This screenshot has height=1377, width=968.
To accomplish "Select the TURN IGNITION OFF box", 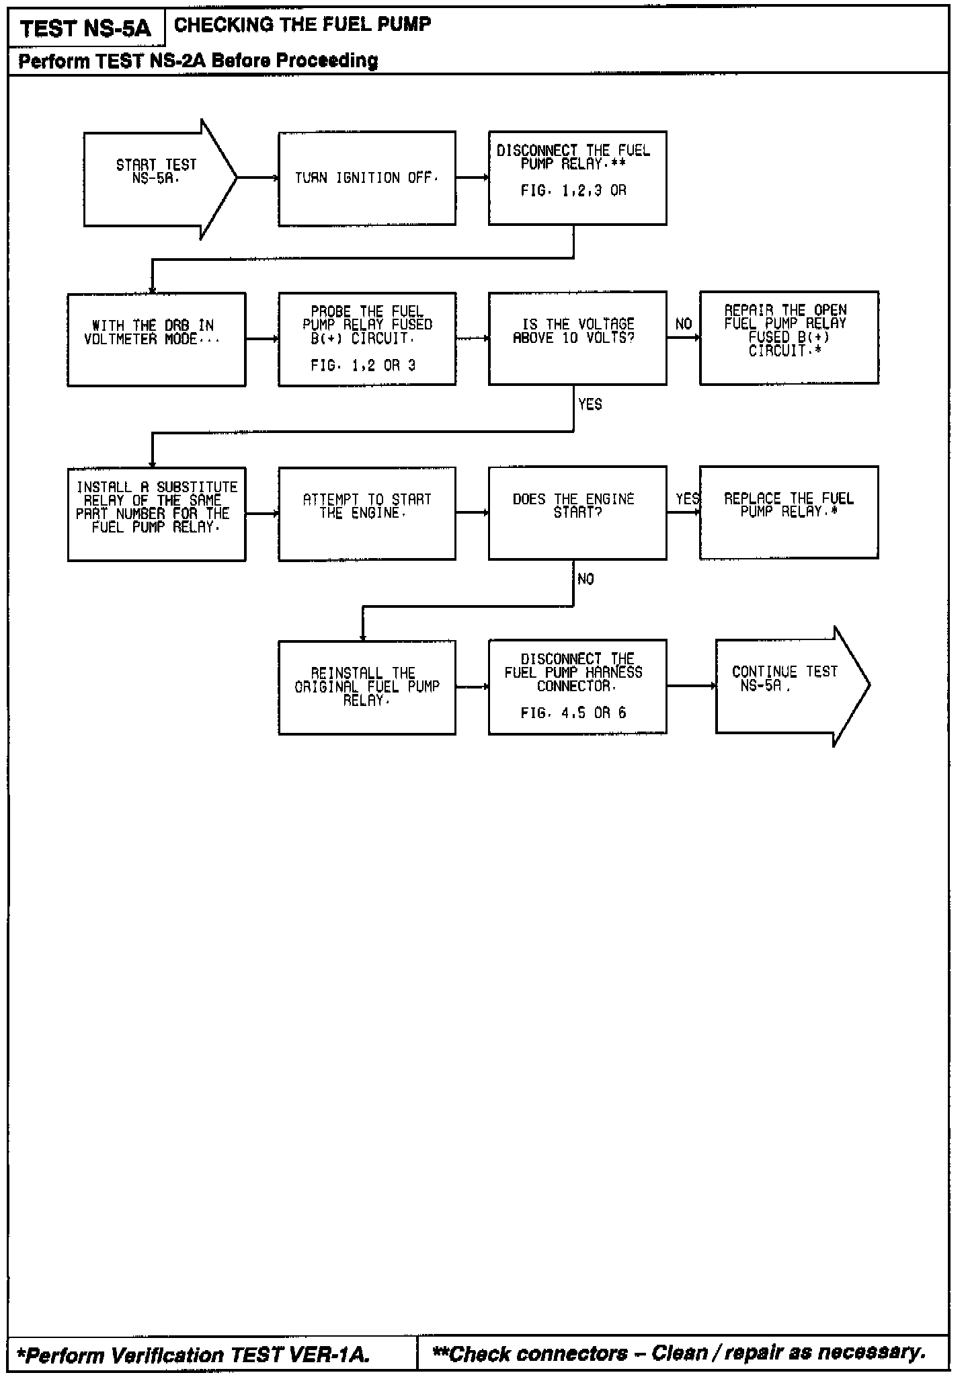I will [367, 178].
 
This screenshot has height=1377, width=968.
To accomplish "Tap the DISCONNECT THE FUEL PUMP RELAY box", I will [577, 178].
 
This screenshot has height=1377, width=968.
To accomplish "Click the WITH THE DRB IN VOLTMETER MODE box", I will [156, 339].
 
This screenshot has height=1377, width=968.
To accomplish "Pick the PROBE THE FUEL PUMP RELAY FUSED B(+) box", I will [367, 338].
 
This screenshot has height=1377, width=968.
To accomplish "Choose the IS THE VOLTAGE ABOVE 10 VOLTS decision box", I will [577, 338].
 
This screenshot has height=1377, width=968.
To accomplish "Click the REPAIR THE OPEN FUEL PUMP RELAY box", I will [789, 338].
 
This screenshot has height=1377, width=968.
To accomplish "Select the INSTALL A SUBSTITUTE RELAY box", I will [156, 514].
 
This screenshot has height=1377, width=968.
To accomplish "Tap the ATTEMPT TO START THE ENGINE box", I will [367, 513].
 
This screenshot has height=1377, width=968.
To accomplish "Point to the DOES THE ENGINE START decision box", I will [577, 512].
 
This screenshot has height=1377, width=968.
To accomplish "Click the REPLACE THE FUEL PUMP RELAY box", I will [789, 512].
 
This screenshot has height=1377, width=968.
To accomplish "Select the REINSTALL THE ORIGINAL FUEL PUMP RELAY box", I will [367, 686].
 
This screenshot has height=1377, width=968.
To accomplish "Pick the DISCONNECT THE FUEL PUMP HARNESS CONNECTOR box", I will [577, 686].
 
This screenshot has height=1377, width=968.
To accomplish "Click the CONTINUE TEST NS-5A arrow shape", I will [787, 685].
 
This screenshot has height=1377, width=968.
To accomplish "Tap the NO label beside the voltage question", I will [684, 324].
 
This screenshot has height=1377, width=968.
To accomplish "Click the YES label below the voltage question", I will [590, 404].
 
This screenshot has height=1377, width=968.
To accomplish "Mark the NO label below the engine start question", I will [586, 579].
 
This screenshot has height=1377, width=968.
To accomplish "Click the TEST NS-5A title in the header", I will [86, 29].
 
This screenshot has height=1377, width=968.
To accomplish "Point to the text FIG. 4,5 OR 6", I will [573, 713].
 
